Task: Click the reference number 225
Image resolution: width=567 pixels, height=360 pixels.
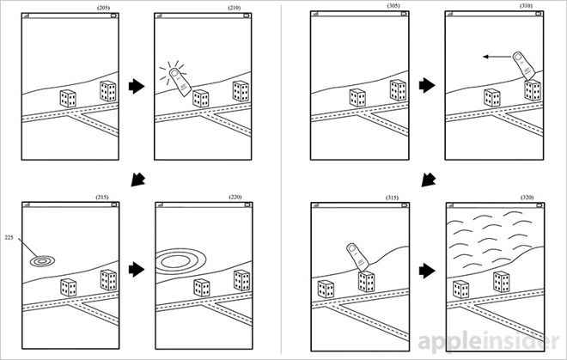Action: click(x=9, y=238)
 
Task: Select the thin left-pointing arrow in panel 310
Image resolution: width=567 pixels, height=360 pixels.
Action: click(x=495, y=58)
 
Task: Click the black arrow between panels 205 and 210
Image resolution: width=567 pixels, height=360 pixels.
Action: click(x=135, y=87)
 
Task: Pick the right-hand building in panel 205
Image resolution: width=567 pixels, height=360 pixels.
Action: click(x=108, y=91)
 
